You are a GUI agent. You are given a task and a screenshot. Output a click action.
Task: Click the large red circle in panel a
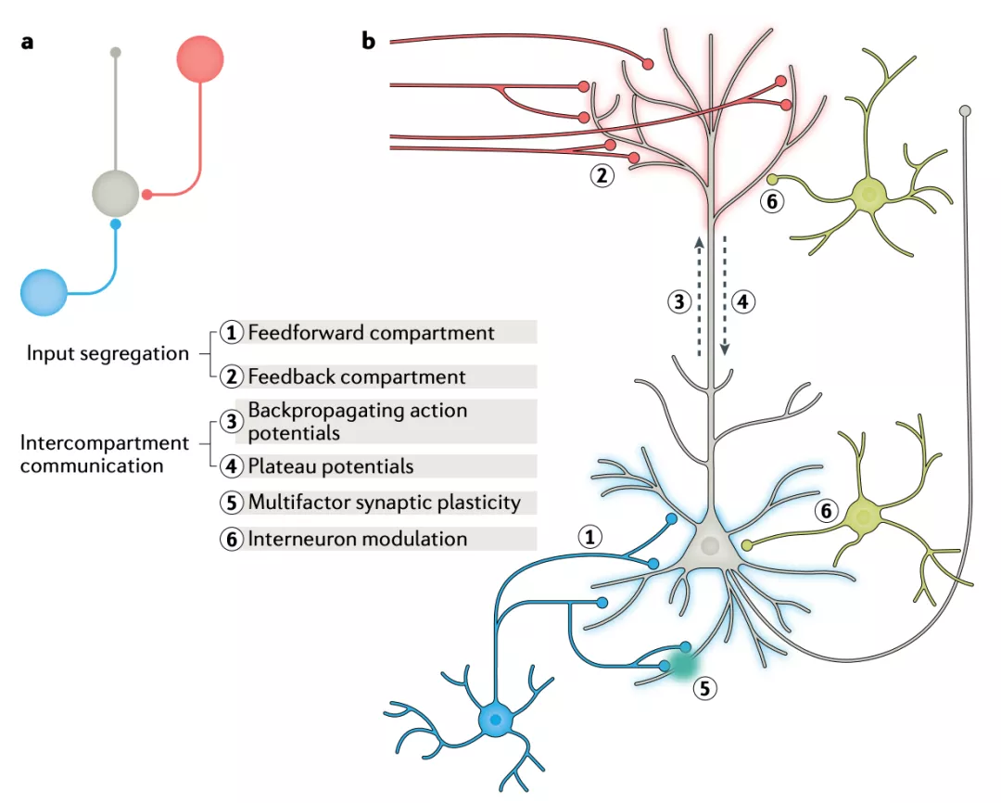[200, 57]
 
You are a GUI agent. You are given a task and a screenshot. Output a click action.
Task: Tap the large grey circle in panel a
[116, 194]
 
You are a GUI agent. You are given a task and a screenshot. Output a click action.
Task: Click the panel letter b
[369, 42]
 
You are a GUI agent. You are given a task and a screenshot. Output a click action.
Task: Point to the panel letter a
[27, 42]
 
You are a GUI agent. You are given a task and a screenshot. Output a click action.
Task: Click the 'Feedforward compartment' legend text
[371, 332]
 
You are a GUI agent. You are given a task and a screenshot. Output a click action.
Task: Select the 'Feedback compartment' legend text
[357, 376]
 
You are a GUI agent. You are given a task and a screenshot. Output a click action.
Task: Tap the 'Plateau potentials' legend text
[331, 465]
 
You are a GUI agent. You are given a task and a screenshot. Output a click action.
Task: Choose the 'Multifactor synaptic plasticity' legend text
[384, 503]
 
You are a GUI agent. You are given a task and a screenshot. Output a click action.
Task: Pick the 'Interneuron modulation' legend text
[358, 539]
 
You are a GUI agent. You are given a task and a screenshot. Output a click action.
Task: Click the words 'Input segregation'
[107, 353]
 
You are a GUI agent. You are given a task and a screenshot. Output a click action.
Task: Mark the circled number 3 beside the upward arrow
[678, 300]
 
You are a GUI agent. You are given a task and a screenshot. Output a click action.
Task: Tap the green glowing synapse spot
[682, 664]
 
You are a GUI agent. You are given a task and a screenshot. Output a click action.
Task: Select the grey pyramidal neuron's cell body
[710, 546]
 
